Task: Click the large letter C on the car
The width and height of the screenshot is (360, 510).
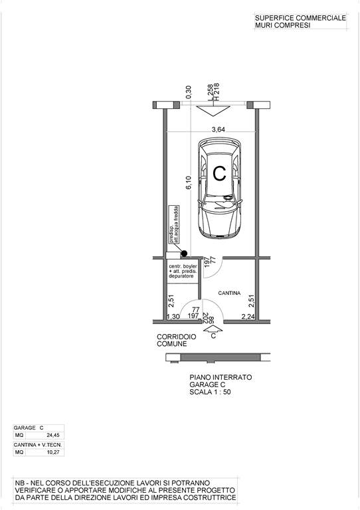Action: click(219, 173)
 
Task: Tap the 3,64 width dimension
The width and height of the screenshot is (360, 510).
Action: click(219, 129)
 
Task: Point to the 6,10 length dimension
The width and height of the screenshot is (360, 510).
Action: click(189, 182)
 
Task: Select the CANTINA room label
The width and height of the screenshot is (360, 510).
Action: click(229, 293)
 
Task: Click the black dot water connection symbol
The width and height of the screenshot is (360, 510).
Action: click(184, 253)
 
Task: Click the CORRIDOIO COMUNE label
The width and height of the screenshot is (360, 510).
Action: click(172, 340)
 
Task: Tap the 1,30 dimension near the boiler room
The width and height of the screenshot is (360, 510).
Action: click(173, 316)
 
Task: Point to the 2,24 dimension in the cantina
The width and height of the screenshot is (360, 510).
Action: click(248, 316)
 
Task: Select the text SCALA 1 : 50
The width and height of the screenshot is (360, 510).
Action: click(210, 392)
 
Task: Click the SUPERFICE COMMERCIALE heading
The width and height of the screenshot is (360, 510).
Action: click(300, 18)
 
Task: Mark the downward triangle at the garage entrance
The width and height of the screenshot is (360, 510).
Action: click(213, 111)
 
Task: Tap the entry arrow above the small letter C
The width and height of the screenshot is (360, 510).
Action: click(213, 329)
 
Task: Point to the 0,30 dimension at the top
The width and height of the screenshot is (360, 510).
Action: click(189, 92)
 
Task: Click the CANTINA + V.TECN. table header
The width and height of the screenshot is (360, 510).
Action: click(38, 445)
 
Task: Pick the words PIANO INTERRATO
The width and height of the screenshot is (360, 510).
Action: click(221, 377)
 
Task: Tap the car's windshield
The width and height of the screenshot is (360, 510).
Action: click(220, 205)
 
